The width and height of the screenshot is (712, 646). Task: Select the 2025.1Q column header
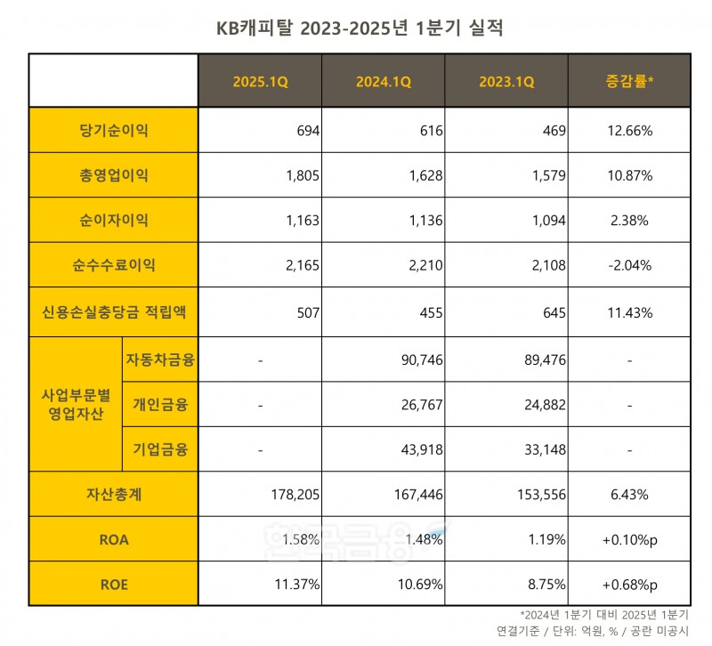click(260, 81)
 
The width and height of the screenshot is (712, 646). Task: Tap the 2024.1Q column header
click(384, 81)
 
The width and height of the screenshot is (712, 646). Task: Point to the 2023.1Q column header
click(506, 81)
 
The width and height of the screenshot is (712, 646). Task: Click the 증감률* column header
click(629, 81)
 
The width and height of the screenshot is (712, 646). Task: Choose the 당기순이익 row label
click(113, 131)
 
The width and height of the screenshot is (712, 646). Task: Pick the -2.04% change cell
click(629, 265)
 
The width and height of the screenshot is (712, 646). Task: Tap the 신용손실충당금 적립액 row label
click(113, 312)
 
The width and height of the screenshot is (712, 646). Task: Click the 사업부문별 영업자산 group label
click(75, 405)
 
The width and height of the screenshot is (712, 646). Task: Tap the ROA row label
click(113, 538)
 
